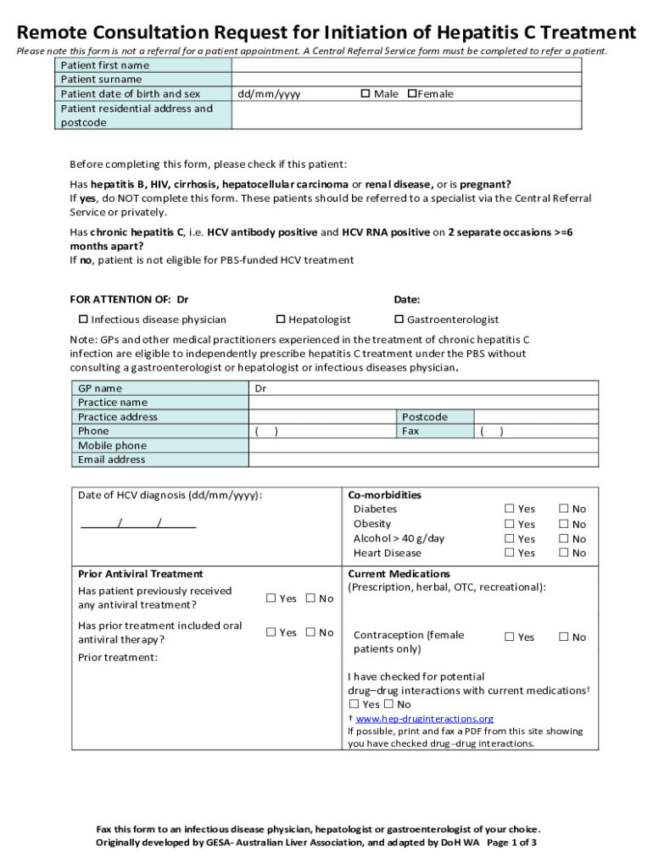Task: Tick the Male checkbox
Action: coord(365,94)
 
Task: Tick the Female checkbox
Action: coord(412,94)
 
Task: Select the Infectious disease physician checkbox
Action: coord(83,320)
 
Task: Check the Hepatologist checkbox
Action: coord(281,320)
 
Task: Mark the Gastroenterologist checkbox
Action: coord(399,320)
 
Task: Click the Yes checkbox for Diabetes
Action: coord(510,509)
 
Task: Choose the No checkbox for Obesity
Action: coord(563,524)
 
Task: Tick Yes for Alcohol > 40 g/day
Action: coord(510,538)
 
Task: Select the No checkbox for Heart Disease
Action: coord(563,553)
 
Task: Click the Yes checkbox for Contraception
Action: coord(510,637)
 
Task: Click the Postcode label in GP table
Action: coord(424,417)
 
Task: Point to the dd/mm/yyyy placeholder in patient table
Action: coord(268,94)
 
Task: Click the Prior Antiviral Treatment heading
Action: coord(140,574)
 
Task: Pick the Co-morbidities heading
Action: coord(384,495)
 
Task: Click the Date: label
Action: coord(406,299)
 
